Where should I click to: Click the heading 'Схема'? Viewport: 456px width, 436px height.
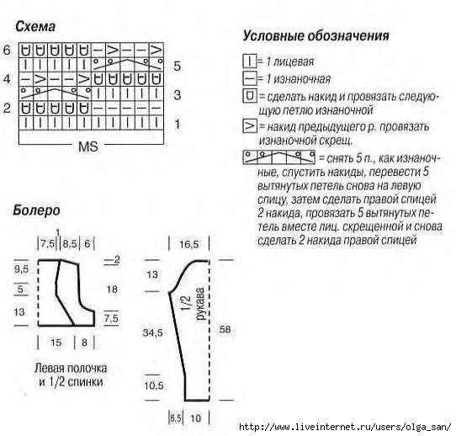(x=35, y=26)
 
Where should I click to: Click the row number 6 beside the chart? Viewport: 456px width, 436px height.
(x=7, y=50)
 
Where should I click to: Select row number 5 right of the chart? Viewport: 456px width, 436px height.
(x=178, y=66)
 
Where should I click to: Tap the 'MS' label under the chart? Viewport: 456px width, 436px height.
(x=88, y=146)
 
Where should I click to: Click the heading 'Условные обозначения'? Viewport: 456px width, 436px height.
(x=315, y=36)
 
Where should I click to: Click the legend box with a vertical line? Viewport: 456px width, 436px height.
(x=250, y=61)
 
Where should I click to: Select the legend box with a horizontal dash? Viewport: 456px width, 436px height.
(x=250, y=78)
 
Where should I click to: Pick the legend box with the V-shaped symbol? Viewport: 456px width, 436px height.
(x=250, y=126)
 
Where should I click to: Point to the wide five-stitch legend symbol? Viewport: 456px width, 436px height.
(x=278, y=157)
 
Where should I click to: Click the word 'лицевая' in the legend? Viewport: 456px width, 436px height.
(x=294, y=61)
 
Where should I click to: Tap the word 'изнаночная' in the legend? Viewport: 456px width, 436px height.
(x=302, y=79)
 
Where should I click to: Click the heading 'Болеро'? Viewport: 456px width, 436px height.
(x=36, y=210)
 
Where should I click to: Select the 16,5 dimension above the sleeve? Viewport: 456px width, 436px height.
(x=188, y=244)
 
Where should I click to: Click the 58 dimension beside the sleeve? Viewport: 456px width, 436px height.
(x=225, y=330)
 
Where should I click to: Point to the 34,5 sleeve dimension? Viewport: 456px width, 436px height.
(x=152, y=332)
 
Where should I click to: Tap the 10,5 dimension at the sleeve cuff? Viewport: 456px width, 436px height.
(x=154, y=385)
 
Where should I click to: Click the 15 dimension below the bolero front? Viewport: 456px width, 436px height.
(x=56, y=343)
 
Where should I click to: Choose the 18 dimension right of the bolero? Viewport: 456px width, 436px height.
(x=112, y=290)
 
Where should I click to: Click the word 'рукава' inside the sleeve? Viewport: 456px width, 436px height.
(x=200, y=304)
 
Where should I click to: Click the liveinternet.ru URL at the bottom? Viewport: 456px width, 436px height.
(x=345, y=427)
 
